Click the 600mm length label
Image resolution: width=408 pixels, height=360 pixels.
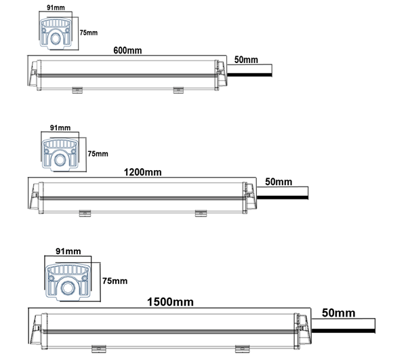[127, 50]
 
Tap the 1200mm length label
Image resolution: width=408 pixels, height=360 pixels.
[142, 172]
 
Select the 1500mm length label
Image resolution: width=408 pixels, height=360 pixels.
[170, 302]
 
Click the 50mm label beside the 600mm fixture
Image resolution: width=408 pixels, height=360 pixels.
[246, 60]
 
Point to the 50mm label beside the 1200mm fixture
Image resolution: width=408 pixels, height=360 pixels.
[279, 182]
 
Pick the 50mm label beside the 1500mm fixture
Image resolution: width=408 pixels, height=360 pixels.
[338, 313]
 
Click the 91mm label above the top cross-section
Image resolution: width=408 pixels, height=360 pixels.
[56, 7]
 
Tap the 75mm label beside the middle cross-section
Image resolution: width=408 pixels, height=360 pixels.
[98, 154]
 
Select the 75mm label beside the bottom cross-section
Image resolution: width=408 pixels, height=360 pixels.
[115, 281]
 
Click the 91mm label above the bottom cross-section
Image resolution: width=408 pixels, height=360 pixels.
[68, 252]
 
